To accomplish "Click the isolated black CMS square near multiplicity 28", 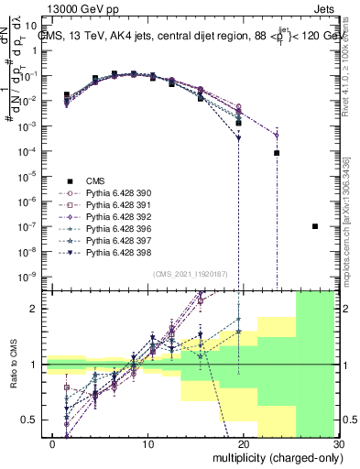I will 315,226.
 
